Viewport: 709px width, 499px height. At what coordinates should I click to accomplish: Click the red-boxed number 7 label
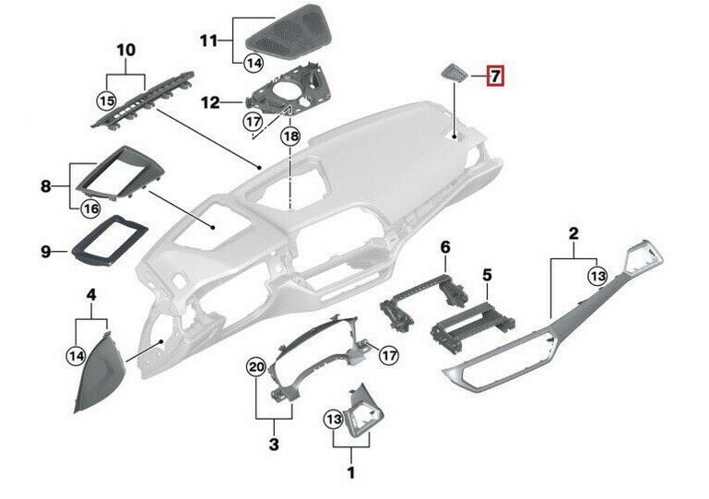tap(495, 76)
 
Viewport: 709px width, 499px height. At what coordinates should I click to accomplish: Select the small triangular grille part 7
tap(455, 73)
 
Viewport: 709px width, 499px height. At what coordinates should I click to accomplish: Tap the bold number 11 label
tap(208, 42)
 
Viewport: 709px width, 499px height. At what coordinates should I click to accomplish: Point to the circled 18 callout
tap(290, 136)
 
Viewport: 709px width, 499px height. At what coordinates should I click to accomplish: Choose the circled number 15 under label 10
tap(107, 101)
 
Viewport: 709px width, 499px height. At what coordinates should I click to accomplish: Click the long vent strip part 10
tap(143, 101)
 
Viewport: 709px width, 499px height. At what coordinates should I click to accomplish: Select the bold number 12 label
tap(210, 102)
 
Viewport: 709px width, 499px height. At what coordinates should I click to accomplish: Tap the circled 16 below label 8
tap(90, 208)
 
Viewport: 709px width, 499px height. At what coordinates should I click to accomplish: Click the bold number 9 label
tap(46, 252)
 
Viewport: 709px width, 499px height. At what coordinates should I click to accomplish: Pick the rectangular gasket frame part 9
tap(110, 240)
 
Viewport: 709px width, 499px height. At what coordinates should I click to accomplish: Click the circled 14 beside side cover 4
tap(76, 356)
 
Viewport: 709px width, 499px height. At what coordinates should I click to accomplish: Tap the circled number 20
tap(256, 366)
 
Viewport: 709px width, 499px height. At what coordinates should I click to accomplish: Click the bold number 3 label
tap(274, 444)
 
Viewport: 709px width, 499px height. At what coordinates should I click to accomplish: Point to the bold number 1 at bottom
tap(351, 473)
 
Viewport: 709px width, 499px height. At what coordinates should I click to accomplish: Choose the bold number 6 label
tap(445, 247)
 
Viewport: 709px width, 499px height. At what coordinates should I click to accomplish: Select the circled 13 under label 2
tap(597, 276)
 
